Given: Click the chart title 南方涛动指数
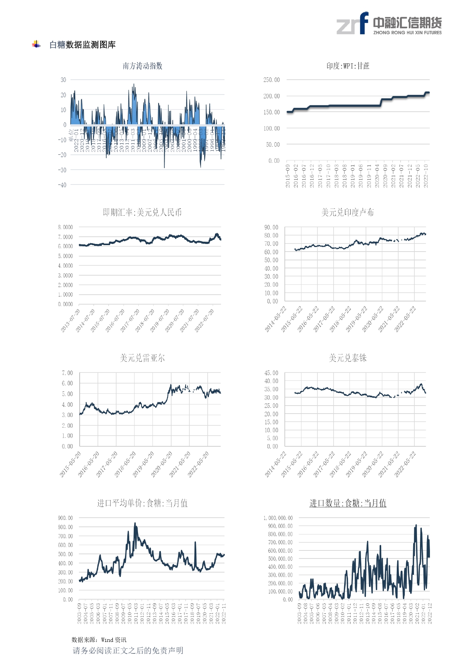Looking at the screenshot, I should click(x=143, y=66).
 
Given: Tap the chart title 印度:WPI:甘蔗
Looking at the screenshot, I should click(x=348, y=66).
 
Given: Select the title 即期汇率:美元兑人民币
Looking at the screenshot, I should click(x=142, y=212).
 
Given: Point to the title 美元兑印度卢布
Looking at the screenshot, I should click(x=348, y=212).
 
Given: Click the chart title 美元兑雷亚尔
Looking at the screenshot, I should click(x=142, y=358).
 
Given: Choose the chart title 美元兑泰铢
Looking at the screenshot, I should click(x=348, y=358).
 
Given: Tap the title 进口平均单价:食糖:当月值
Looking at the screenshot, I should click(x=142, y=503).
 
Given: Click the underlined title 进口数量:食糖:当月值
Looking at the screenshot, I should click(x=348, y=503).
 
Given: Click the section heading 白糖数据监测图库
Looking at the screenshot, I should click(x=82, y=45).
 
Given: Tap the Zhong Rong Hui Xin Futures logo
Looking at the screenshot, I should click(x=389, y=24).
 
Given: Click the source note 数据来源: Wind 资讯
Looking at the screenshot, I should click(x=99, y=640).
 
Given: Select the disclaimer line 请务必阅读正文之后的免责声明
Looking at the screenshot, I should click(x=128, y=650).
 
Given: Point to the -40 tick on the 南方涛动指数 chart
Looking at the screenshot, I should click(x=62, y=185).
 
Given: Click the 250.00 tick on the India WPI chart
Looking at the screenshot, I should click(x=271, y=80).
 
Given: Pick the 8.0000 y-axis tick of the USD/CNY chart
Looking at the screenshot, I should click(x=65, y=227).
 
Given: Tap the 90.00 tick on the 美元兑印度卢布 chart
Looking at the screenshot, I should click(x=271, y=227).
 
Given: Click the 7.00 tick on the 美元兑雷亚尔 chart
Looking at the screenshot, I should click(x=67, y=373).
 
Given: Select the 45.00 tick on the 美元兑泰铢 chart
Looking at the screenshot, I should click(x=271, y=373).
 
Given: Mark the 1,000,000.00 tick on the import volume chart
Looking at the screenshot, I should click(x=278, y=518).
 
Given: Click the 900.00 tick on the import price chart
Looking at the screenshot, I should click(x=65, y=518).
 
